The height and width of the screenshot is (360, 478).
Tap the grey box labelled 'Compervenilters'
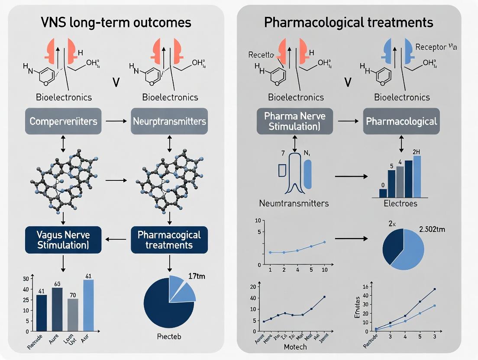point(63,121)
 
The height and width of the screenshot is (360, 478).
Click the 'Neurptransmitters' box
point(169,121)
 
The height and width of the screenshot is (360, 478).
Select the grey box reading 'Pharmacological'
point(401,121)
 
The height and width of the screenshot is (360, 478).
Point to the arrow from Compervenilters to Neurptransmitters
point(116,121)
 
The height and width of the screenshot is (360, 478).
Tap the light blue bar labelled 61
point(88,305)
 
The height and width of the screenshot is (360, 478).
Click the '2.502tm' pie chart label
point(431,229)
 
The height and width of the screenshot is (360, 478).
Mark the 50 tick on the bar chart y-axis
point(26,278)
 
